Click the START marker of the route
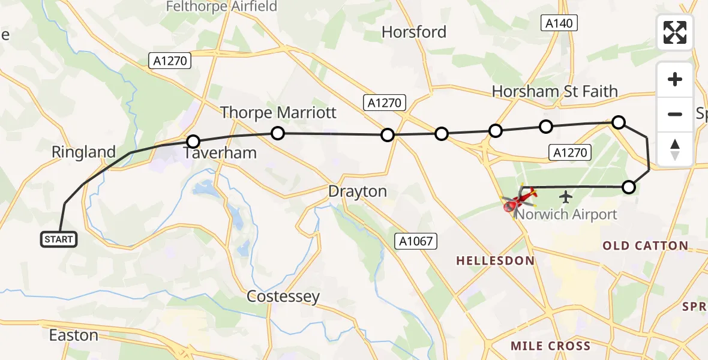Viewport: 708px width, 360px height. point(58,239)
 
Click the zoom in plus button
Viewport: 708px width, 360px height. point(675,80)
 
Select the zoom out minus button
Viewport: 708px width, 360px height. point(675,115)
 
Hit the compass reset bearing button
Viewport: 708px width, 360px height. point(675,149)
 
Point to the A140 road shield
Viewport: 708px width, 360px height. point(559,23)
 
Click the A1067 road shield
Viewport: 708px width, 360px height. point(415,241)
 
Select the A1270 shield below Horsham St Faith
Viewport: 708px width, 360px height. point(570,152)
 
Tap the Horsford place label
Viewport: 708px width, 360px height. point(414,32)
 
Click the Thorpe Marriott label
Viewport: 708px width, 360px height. point(278,112)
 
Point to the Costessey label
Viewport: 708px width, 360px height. point(283,296)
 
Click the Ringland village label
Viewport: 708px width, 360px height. point(83,152)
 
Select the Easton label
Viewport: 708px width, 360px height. point(73,335)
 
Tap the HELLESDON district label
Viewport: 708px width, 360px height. point(495,260)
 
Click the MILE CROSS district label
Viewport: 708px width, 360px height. point(550,346)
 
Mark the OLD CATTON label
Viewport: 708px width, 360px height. point(645,245)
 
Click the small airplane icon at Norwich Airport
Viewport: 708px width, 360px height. point(565,196)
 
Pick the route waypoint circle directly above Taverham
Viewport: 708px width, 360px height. point(193,142)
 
